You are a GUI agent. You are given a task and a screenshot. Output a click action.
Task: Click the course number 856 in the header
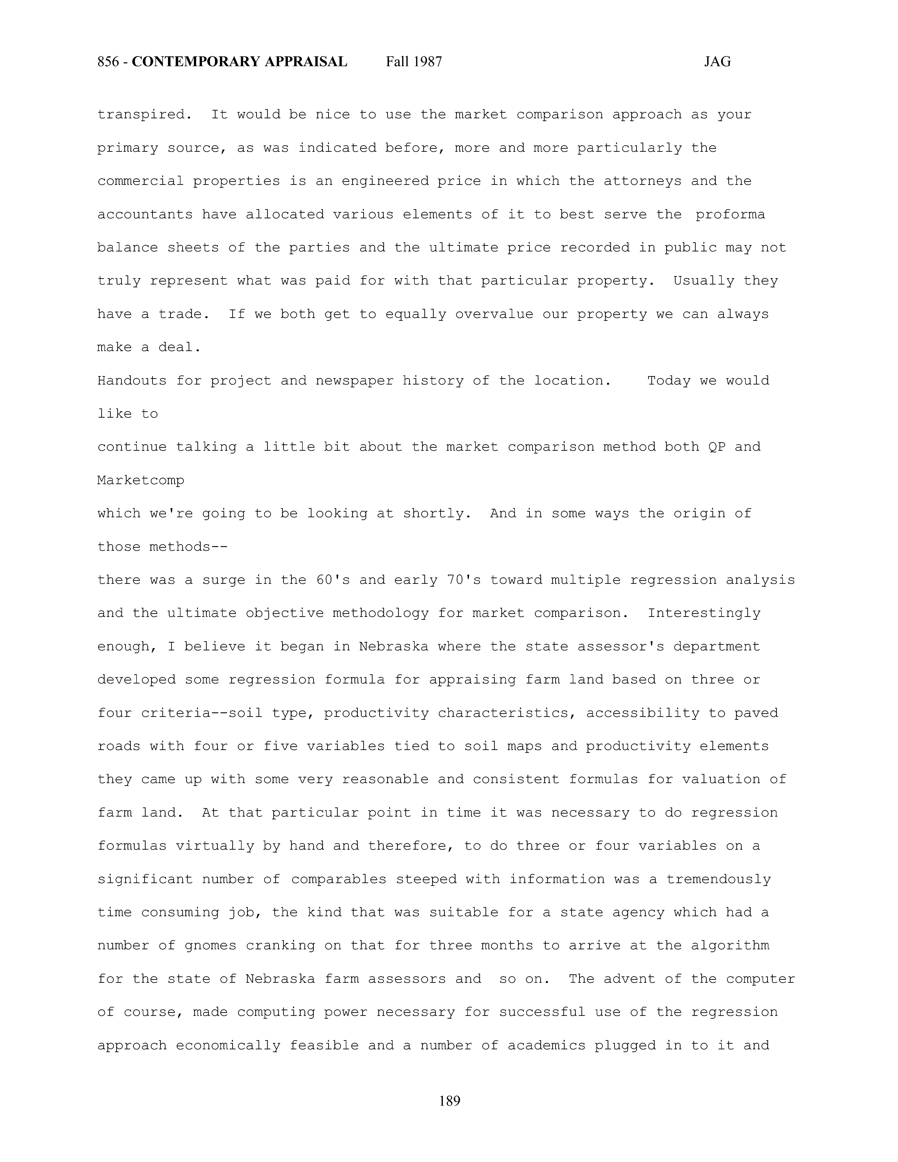coord(108,62)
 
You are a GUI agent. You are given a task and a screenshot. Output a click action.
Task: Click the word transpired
coord(144,115)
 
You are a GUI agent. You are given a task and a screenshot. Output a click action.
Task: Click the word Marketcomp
coord(141,480)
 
